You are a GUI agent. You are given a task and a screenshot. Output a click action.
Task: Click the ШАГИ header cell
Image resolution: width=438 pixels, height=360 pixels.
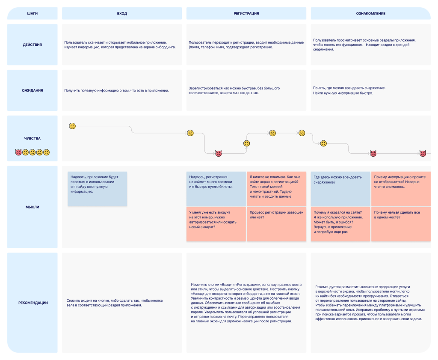[x=33, y=13]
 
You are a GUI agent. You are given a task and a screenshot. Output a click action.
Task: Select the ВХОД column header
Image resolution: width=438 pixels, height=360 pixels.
[x=122, y=13]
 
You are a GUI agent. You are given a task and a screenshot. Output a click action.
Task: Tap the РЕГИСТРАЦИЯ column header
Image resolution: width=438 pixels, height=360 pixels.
[x=246, y=13]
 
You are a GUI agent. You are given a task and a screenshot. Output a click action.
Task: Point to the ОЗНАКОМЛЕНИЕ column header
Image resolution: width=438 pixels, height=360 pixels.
[x=370, y=13]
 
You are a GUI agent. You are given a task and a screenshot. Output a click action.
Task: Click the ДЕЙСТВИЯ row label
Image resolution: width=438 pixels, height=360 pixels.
[x=33, y=45]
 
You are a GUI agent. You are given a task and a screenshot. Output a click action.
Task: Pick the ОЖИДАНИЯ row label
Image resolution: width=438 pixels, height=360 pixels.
[x=33, y=90]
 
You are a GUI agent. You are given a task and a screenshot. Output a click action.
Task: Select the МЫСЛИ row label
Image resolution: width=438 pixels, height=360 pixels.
[x=33, y=207]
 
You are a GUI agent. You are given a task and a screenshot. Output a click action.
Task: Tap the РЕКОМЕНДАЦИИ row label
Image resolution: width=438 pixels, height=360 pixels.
[x=33, y=303]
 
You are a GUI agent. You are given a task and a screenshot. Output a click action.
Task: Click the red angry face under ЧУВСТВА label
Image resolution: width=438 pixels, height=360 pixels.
[x=18, y=152]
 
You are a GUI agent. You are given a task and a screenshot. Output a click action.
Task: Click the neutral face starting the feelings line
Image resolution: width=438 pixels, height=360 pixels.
[x=72, y=126]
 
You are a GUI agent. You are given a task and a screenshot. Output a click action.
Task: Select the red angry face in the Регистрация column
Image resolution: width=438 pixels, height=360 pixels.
[x=219, y=153]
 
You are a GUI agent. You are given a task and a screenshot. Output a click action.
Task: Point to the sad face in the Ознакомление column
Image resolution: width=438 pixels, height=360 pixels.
[x=323, y=143]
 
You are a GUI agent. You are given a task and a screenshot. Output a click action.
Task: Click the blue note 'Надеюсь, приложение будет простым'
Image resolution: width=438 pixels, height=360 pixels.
[x=97, y=189]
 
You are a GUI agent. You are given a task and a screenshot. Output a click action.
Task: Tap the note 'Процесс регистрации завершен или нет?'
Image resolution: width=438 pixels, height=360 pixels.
[x=277, y=224]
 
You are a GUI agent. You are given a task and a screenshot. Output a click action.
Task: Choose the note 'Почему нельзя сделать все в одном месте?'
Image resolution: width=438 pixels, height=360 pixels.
[x=401, y=224]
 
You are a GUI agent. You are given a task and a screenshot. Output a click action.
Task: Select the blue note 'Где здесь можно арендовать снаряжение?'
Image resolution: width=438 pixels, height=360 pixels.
[x=340, y=189]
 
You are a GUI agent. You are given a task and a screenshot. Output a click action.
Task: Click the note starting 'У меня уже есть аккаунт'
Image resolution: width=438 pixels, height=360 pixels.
[x=216, y=224]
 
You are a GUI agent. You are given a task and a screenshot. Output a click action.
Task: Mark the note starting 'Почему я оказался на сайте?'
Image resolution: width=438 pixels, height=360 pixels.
[x=340, y=224]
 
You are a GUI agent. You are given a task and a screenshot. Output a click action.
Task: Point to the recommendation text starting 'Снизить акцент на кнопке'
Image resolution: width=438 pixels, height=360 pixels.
[x=115, y=303]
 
